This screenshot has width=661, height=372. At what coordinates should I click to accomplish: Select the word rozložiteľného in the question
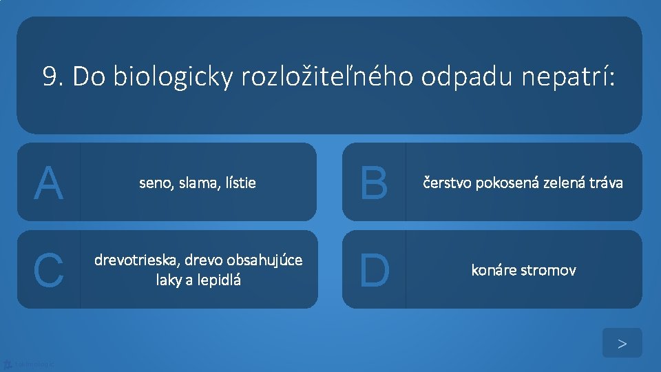327,77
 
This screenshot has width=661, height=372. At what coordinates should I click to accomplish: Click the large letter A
48,183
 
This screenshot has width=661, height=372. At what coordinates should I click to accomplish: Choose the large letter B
374,183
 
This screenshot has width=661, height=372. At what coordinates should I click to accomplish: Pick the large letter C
48,270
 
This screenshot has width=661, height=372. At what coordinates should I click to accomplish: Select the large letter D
374,270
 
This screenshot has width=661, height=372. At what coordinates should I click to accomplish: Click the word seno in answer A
155,183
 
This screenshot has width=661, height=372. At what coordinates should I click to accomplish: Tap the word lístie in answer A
239,183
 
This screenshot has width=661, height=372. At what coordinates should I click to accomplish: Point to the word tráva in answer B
606,183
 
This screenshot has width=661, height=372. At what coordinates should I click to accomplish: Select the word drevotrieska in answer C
135,261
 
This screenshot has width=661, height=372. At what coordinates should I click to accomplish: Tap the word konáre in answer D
492,270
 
